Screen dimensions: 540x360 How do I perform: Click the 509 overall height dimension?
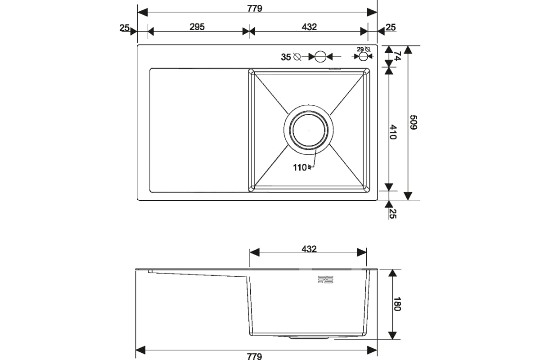[x=414, y=122]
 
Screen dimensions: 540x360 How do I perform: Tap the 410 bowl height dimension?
[x=393, y=132]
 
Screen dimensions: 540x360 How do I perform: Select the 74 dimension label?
[x=397, y=56]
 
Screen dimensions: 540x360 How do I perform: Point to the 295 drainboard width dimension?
[x=197, y=27]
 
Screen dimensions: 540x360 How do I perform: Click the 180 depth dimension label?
[x=397, y=304]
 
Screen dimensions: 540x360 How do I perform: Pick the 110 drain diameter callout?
[x=302, y=167]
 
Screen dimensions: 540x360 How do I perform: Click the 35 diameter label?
[x=286, y=57]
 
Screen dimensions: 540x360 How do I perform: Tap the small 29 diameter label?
[x=360, y=49]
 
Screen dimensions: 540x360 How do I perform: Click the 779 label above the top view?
[x=255, y=9]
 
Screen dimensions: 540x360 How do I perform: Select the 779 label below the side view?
[x=254, y=356]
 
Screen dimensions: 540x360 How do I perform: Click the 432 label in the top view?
[x=309, y=27]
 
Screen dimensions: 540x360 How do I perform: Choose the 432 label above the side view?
[x=309, y=249]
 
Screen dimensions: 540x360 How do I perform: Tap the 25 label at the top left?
[x=125, y=28]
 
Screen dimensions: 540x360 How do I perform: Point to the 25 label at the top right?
[x=391, y=27]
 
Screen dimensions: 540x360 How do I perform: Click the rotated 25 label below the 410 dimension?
[x=393, y=213]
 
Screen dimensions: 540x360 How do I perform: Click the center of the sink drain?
[x=309, y=130]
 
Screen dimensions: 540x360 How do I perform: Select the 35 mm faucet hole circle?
[x=320, y=57]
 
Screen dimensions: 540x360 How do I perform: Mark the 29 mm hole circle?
[x=363, y=57]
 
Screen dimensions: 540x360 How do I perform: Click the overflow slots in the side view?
[x=325, y=279]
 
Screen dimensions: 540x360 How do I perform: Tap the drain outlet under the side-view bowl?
[x=309, y=338]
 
